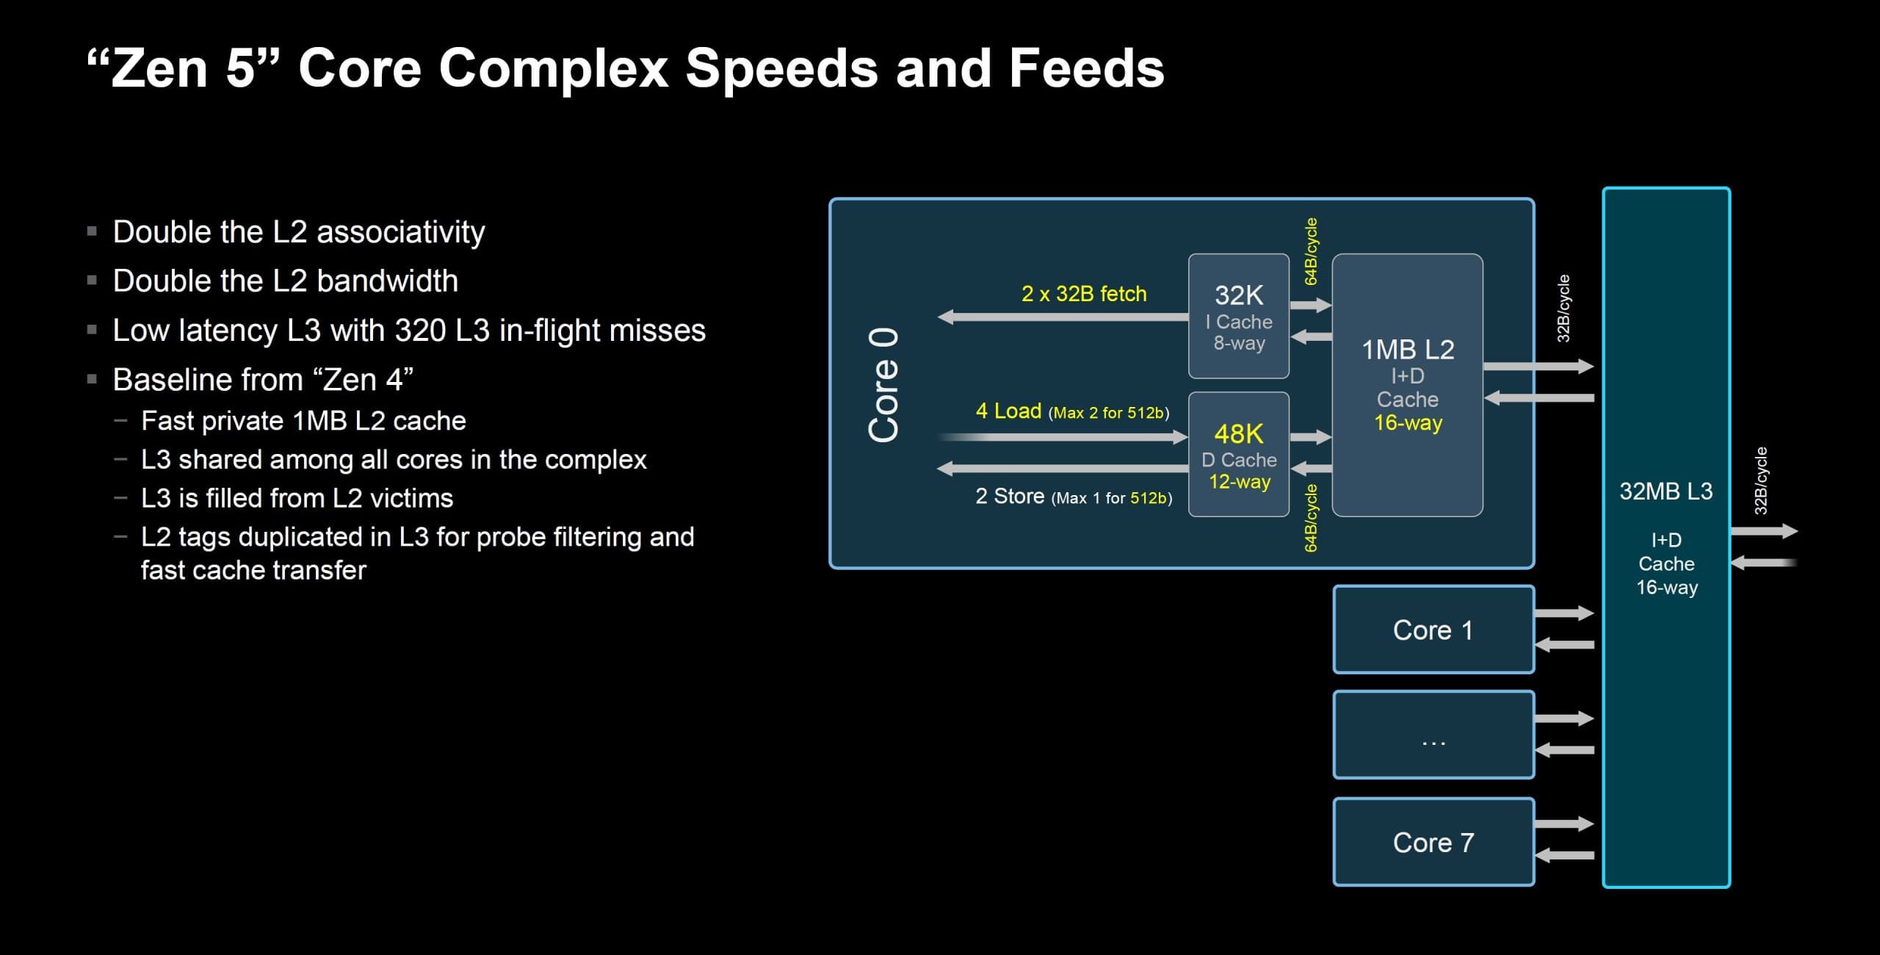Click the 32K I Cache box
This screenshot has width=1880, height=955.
(1238, 316)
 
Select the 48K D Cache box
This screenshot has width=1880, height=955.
(1238, 454)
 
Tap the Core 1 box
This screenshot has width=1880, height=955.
(1433, 630)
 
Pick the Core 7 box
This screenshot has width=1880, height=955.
(1433, 842)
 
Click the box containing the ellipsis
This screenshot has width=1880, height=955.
(1433, 735)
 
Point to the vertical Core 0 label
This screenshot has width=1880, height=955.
(883, 385)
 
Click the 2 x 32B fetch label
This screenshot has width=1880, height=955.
(1083, 294)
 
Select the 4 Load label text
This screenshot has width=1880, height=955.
(1008, 411)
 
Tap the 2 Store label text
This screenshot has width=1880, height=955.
(1009, 497)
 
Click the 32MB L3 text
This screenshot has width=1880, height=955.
(1666, 491)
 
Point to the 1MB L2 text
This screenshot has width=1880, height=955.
(1407, 350)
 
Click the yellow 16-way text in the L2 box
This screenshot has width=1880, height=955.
(1408, 423)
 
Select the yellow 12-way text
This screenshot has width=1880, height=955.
(1239, 482)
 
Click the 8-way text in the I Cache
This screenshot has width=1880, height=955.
(1239, 343)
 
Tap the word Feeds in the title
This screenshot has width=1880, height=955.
(1086, 68)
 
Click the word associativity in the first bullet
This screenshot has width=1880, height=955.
(400, 232)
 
